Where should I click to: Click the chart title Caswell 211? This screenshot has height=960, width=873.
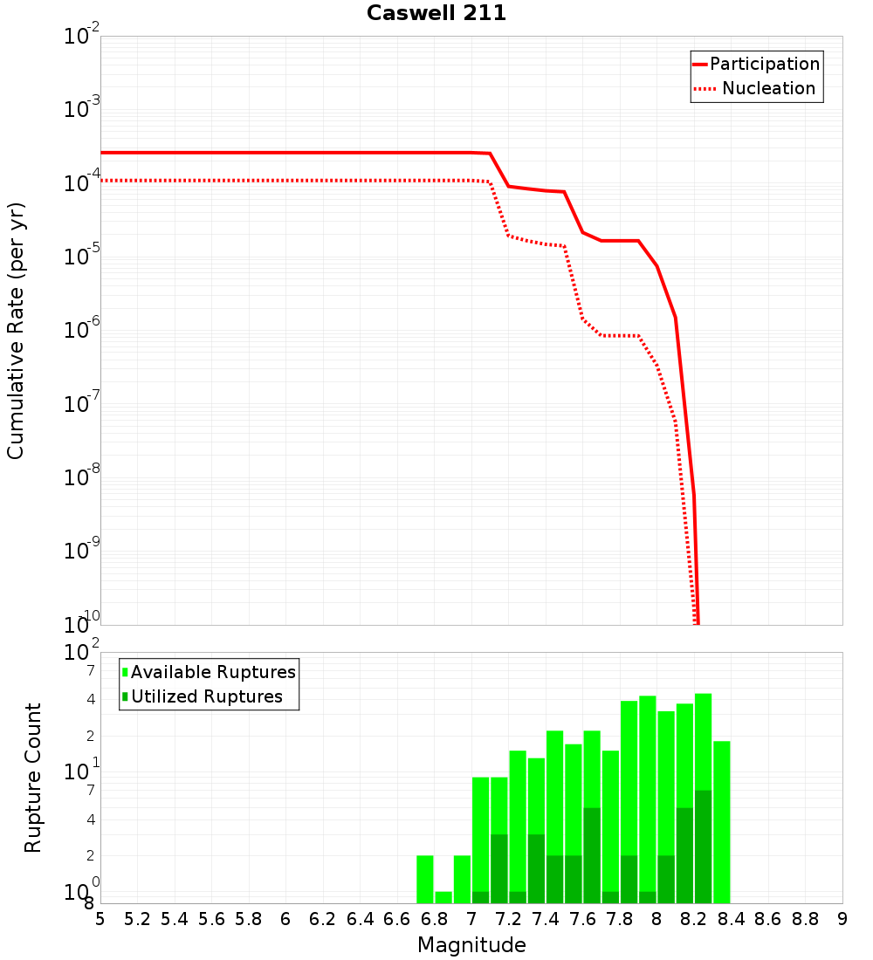[x=436, y=13]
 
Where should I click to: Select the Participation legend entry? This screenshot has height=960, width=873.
[x=756, y=64]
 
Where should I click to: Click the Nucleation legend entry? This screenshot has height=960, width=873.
[x=756, y=88]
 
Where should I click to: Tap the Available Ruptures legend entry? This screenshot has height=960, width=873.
[x=209, y=672]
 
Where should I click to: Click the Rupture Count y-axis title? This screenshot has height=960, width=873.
[x=33, y=777]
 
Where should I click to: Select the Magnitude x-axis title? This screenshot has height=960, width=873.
[x=471, y=945]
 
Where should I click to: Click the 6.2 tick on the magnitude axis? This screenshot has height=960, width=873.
[x=323, y=919]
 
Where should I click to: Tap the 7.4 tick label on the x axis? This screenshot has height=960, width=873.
[x=546, y=919]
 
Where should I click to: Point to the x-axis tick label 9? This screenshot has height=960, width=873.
[x=842, y=919]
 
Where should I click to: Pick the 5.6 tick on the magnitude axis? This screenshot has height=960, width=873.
[x=211, y=919]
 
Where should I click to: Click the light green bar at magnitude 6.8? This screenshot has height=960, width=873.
[x=443, y=897]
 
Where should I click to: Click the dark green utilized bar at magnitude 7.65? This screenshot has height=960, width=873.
[x=592, y=855]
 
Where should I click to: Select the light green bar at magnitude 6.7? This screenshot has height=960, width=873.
[x=425, y=879]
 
